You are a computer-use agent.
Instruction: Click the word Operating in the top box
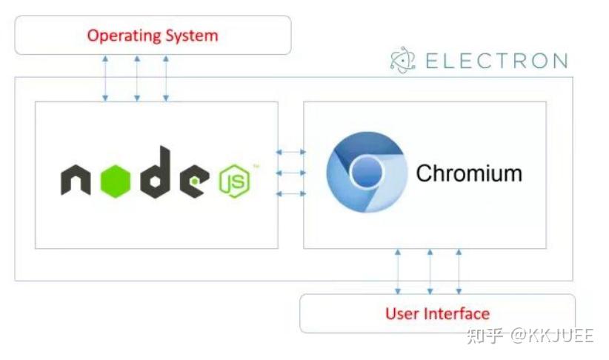tap(124, 35)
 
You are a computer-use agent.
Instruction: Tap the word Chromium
tap(468, 173)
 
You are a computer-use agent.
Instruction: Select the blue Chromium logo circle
tap(367, 173)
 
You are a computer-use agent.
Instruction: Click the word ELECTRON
tap(496, 61)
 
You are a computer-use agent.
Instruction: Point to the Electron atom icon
tap(404, 61)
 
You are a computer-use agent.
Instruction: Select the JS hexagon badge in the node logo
tap(234, 181)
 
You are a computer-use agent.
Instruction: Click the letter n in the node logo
tap(76, 180)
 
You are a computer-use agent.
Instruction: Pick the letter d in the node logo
tap(156, 173)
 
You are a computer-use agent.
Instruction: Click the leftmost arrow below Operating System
tap(105, 77)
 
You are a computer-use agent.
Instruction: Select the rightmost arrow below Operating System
tap(165, 77)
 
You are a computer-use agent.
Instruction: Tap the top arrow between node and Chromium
tap(291, 152)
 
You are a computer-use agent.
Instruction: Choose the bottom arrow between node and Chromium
tap(291, 193)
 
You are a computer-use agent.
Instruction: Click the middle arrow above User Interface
tap(429, 271)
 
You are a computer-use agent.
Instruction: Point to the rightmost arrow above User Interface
tap(459, 271)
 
